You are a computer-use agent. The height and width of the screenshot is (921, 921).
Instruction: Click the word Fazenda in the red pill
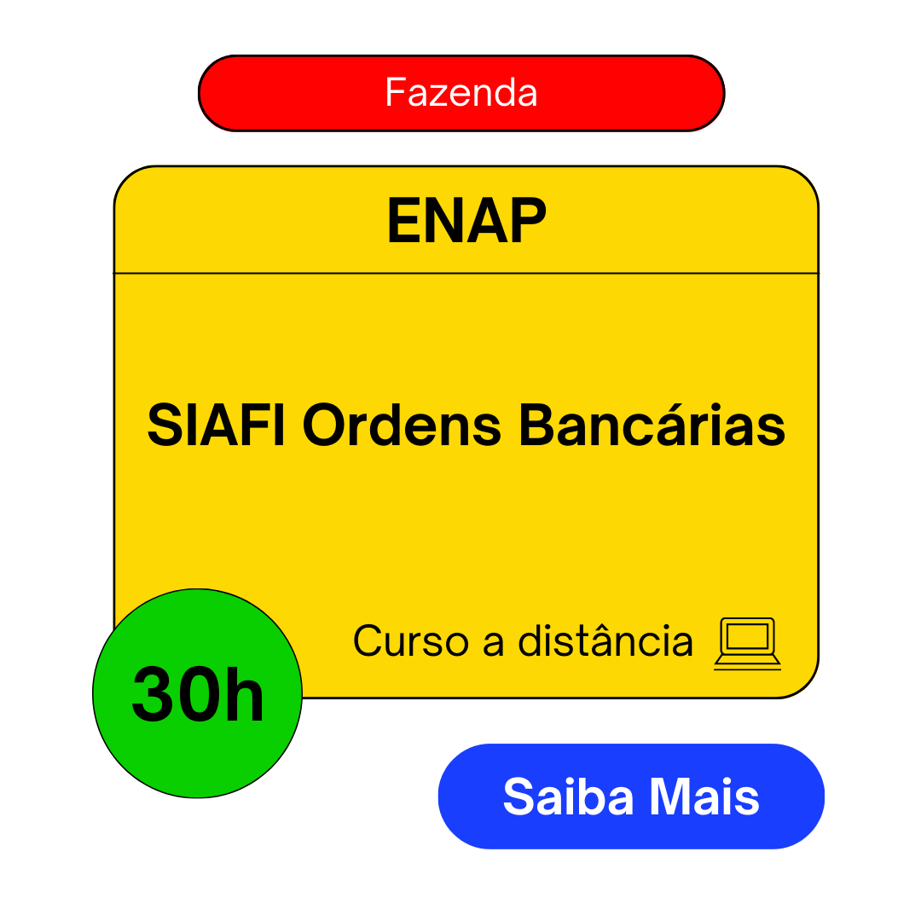click(461, 93)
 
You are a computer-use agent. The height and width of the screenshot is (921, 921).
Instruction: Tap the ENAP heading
click(466, 220)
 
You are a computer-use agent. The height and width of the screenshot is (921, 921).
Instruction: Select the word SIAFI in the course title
click(216, 425)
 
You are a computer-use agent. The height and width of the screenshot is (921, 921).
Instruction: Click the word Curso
click(410, 640)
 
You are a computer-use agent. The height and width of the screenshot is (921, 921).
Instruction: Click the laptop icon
click(747, 644)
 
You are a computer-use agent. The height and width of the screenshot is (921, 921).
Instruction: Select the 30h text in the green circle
click(198, 694)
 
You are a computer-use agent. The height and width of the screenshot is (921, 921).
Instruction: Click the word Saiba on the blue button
click(568, 796)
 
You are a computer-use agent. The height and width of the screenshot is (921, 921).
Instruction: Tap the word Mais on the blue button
click(704, 796)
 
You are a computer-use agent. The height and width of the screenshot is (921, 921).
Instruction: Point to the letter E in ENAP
click(406, 220)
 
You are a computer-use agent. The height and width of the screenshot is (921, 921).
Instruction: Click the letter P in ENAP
click(528, 220)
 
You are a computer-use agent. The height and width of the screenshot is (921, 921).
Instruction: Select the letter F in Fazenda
click(396, 92)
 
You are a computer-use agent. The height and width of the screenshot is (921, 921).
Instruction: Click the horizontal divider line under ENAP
click(466, 273)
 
